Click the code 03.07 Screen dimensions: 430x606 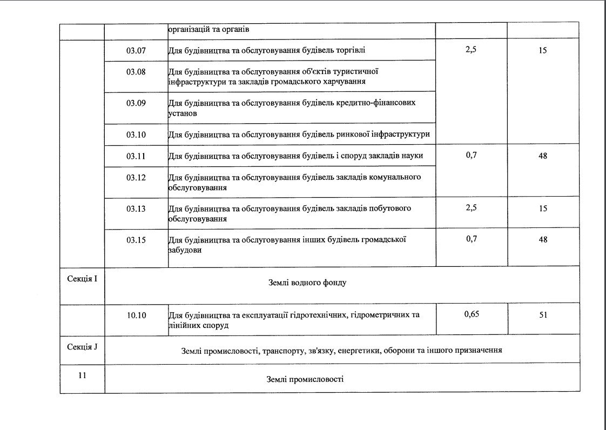[136, 51]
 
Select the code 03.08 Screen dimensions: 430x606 [136, 72]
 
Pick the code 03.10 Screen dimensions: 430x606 [136, 135]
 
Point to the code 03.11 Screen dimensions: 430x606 [136, 156]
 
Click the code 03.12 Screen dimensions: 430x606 [136, 178]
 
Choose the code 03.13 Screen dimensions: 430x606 [136, 209]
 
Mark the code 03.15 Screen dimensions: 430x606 [136, 240]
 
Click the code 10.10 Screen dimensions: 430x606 [136, 315]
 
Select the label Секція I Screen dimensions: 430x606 [82, 279]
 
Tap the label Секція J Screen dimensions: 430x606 [82, 346]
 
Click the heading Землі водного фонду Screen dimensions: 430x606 [307, 283]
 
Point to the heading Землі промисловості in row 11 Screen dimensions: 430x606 [305, 379]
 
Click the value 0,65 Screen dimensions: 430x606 [472, 314]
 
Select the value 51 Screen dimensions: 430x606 [543, 315]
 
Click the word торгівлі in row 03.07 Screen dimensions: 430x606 [350, 51]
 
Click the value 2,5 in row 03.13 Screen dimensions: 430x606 [472, 208]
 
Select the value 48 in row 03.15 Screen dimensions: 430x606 [543, 239]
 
